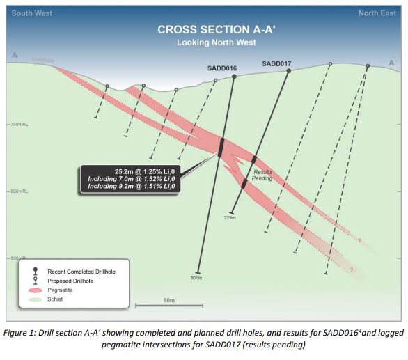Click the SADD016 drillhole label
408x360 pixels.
point(222,68)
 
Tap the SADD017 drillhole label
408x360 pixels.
point(276,64)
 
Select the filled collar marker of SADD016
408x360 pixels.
point(234,77)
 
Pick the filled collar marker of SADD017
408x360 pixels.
point(288,71)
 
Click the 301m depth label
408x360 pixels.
point(196,278)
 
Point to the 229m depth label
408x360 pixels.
point(230,218)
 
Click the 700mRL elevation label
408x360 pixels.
point(19,125)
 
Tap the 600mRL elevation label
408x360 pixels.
point(19,191)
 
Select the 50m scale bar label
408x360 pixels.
point(169,300)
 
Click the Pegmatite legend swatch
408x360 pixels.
point(36,290)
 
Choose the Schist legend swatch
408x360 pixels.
point(36,299)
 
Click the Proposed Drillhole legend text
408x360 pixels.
point(70,281)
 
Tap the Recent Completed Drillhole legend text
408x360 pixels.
point(81,272)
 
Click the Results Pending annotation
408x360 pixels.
point(262,175)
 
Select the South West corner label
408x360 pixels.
point(32,13)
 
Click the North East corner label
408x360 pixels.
point(377,13)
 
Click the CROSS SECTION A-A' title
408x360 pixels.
point(217,30)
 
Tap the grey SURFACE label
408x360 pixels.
point(43,61)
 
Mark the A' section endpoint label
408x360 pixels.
point(392,63)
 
